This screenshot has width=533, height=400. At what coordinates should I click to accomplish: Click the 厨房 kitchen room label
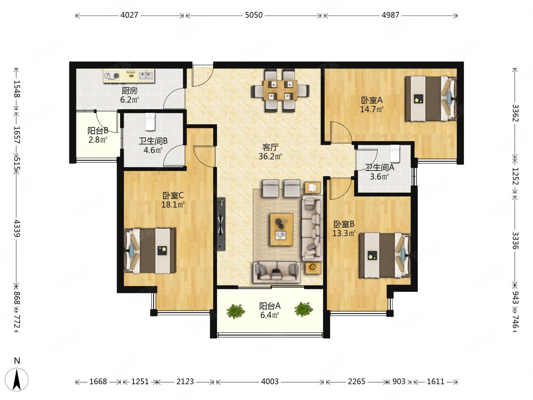point(129,91)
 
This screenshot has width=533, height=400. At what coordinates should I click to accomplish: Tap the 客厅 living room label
point(270,147)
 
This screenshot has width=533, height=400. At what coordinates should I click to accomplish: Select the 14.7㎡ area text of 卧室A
point(372,109)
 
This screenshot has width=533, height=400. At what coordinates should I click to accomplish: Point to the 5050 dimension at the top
point(254,15)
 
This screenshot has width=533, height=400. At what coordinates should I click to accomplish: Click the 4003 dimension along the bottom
point(270,382)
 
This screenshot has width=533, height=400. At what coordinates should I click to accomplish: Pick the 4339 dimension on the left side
point(17,228)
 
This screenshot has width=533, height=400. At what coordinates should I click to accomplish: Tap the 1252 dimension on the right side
point(515,176)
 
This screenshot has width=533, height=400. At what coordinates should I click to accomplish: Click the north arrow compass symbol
point(17,380)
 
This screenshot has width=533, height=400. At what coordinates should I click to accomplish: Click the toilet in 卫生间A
point(395,154)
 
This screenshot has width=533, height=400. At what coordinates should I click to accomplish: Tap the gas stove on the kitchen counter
point(112,75)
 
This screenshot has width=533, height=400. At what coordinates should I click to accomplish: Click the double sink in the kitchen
point(146,75)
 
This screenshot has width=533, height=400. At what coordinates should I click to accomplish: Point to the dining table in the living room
point(280,90)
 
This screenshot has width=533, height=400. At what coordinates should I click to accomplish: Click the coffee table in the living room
point(282,229)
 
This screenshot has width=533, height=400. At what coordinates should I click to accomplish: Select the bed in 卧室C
point(150,251)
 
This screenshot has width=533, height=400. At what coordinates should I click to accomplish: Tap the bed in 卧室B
point(385,255)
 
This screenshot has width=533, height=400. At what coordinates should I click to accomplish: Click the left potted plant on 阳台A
point(235,311)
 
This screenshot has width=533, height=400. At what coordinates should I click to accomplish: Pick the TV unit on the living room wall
point(221,224)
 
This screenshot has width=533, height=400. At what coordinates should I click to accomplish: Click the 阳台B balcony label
point(98,131)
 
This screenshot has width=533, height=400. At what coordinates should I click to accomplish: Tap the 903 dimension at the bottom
point(399,382)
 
